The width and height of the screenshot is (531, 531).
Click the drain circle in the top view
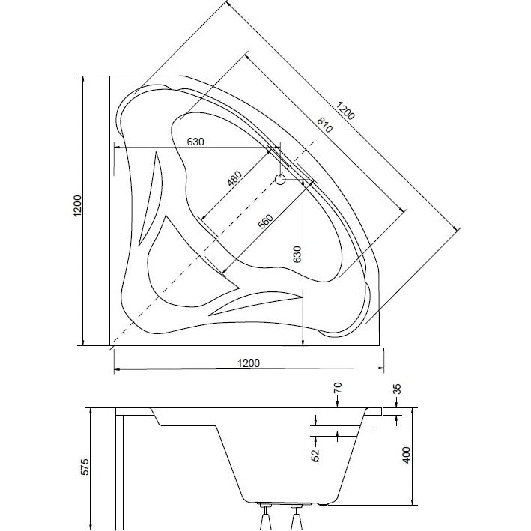(280, 180)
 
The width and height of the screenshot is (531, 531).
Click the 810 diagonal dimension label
(325, 125)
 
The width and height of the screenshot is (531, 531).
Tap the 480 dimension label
(234, 179)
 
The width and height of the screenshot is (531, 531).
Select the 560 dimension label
(265, 222)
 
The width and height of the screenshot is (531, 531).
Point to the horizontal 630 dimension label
(195, 142)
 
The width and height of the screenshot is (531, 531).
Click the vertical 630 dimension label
(297, 255)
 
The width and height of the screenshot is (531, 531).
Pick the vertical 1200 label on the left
(78, 206)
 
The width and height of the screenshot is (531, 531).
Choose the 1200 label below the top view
(249, 363)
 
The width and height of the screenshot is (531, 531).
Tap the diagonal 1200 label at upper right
(345, 111)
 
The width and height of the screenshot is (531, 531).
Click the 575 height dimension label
(85, 467)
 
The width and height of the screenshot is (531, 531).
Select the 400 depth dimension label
(406, 455)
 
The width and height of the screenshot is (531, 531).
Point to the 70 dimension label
(338, 388)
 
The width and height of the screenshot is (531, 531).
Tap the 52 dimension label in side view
(315, 455)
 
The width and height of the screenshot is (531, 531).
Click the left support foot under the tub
(265, 518)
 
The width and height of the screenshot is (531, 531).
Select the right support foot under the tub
(297, 518)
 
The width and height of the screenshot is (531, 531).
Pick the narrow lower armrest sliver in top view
(255, 303)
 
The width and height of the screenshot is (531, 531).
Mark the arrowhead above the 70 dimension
(338, 405)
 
